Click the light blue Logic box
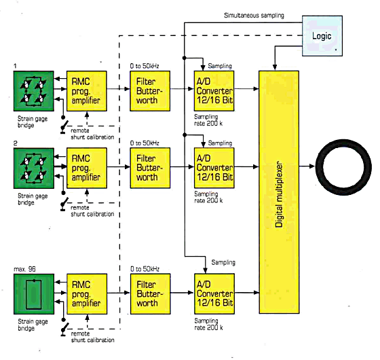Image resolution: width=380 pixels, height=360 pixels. click(x=322, y=36)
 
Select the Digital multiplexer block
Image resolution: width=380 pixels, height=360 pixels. click(x=279, y=192)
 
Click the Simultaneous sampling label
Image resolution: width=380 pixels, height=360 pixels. click(x=254, y=16)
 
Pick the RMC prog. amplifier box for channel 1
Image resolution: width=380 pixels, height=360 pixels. click(x=87, y=91)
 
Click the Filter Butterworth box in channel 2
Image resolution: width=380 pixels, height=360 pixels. click(x=150, y=168)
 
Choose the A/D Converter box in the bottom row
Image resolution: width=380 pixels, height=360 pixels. click(x=214, y=293)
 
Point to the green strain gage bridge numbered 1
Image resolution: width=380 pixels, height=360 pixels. click(x=34, y=91)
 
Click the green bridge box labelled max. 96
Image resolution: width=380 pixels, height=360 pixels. click(x=34, y=294)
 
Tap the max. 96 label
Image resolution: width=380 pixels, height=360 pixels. click(x=24, y=269)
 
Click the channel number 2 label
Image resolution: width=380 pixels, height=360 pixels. click(x=15, y=143)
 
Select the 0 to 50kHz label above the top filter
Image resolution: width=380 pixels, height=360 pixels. click(x=145, y=66)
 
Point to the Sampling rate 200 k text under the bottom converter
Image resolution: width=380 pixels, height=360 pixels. click(x=208, y=324)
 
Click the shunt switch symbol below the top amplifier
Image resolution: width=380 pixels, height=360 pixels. click(x=64, y=125)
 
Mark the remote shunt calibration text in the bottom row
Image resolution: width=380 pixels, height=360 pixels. click(x=92, y=337)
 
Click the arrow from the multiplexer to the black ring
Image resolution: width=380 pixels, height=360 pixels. click(x=307, y=166)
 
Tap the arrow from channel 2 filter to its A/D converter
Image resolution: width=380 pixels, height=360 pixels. click(x=182, y=166)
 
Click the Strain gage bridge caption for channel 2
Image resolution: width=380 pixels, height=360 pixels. click(x=33, y=199)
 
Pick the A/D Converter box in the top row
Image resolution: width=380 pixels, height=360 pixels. click(x=214, y=91)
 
